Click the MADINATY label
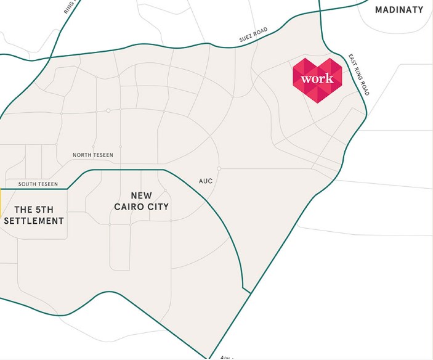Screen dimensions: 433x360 [x=400, y=9]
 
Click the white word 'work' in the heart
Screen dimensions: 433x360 [x=317, y=79]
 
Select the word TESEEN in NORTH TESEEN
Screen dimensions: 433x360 [x=107, y=155]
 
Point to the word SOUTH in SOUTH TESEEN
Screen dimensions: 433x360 [x=29, y=184]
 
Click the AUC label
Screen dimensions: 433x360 [x=206, y=181]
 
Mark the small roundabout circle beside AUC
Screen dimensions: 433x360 [x=219, y=168]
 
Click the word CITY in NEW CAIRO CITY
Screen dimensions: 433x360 [x=157, y=207]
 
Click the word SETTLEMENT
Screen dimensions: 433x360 [x=34, y=221]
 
